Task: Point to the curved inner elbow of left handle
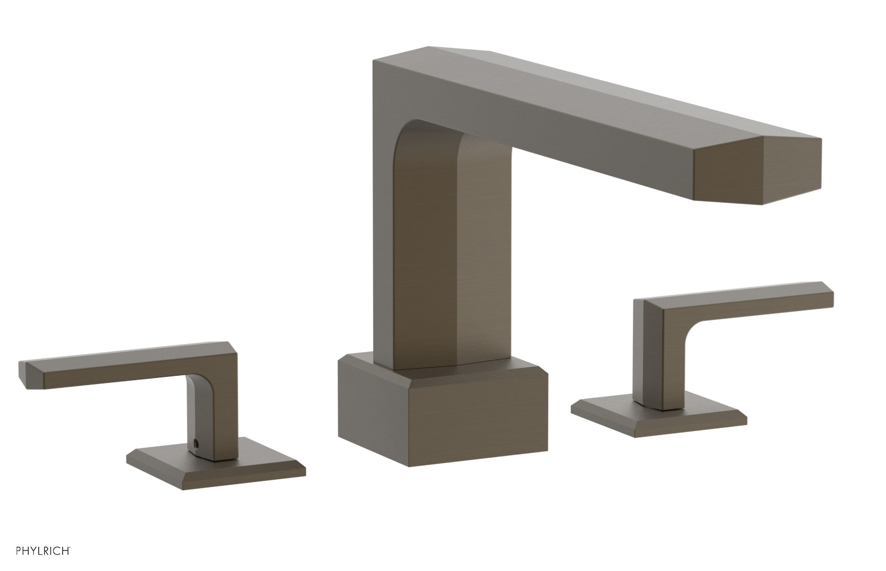pos(194,387)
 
